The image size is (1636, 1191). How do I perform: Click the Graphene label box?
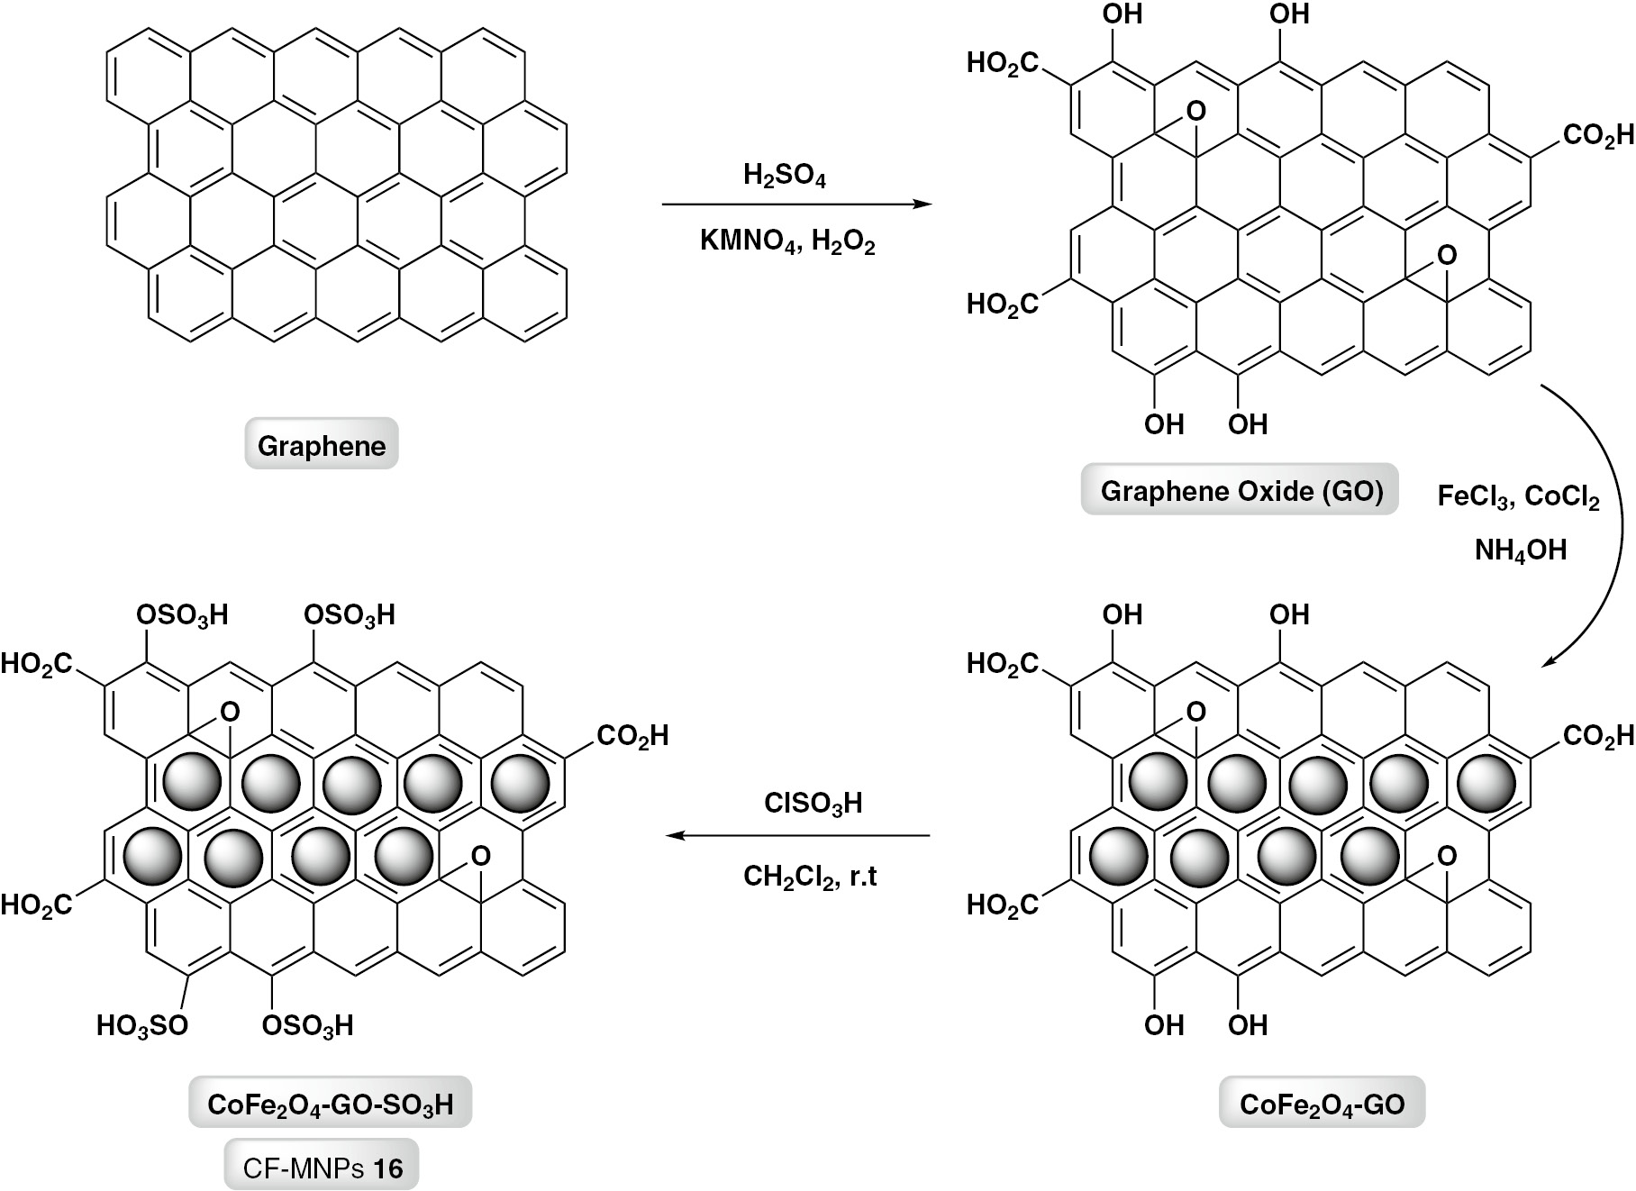click(322, 445)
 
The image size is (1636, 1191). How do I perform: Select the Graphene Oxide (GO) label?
click(1241, 491)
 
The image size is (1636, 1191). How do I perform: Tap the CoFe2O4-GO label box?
click(1322, 1104)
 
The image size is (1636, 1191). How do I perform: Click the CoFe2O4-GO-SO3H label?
click(330, 1104)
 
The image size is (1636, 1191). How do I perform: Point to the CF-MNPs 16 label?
click(322, 1168)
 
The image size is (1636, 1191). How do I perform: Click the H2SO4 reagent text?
click(785, 177)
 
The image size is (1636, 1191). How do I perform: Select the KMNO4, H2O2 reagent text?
click(787, 241)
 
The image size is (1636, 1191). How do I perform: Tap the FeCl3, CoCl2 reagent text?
click(1518, 498)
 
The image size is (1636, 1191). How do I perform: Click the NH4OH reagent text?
click(1520, 550)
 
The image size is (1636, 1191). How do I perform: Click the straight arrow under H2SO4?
click(795, 205)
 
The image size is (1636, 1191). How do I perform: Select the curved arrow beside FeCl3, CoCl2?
click(1606, 523)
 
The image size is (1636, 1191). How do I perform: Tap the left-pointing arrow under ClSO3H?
click(797, 836)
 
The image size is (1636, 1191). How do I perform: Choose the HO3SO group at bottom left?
click(142, 1025)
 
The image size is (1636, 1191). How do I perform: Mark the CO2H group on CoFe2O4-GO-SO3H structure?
click(632, 736)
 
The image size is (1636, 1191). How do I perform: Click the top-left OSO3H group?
click(181, 614)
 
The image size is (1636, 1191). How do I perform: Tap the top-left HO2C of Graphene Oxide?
click(1002, 63)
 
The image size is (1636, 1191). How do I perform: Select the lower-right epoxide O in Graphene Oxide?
click(1446, 256)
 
